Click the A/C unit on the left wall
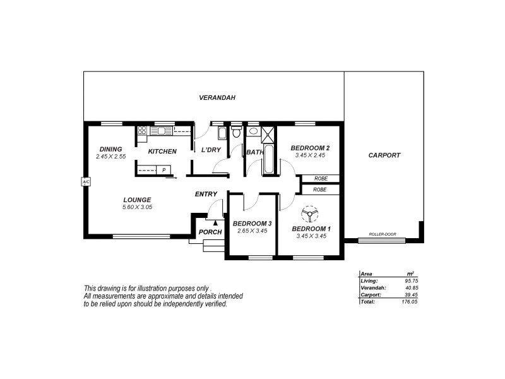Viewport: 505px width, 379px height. coord(86,182)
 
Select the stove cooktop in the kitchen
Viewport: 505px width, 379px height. coord(142,131)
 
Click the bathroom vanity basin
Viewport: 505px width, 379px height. coord(252,131)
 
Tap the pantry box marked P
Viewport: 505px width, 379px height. coord(163,169)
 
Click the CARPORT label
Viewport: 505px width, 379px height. coord(384,155)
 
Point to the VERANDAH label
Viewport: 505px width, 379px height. coord(217,98)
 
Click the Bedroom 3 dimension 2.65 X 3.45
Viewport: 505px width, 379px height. coord(251,231)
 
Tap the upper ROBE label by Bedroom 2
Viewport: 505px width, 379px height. coord(320,179)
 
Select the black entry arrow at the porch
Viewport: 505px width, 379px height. coord(215,222)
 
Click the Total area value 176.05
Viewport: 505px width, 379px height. coord(411,302)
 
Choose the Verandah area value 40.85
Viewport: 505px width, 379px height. coord(411,287)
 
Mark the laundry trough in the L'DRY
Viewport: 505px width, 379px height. coord(222,133)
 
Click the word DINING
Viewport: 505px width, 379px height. coord(110,149)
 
